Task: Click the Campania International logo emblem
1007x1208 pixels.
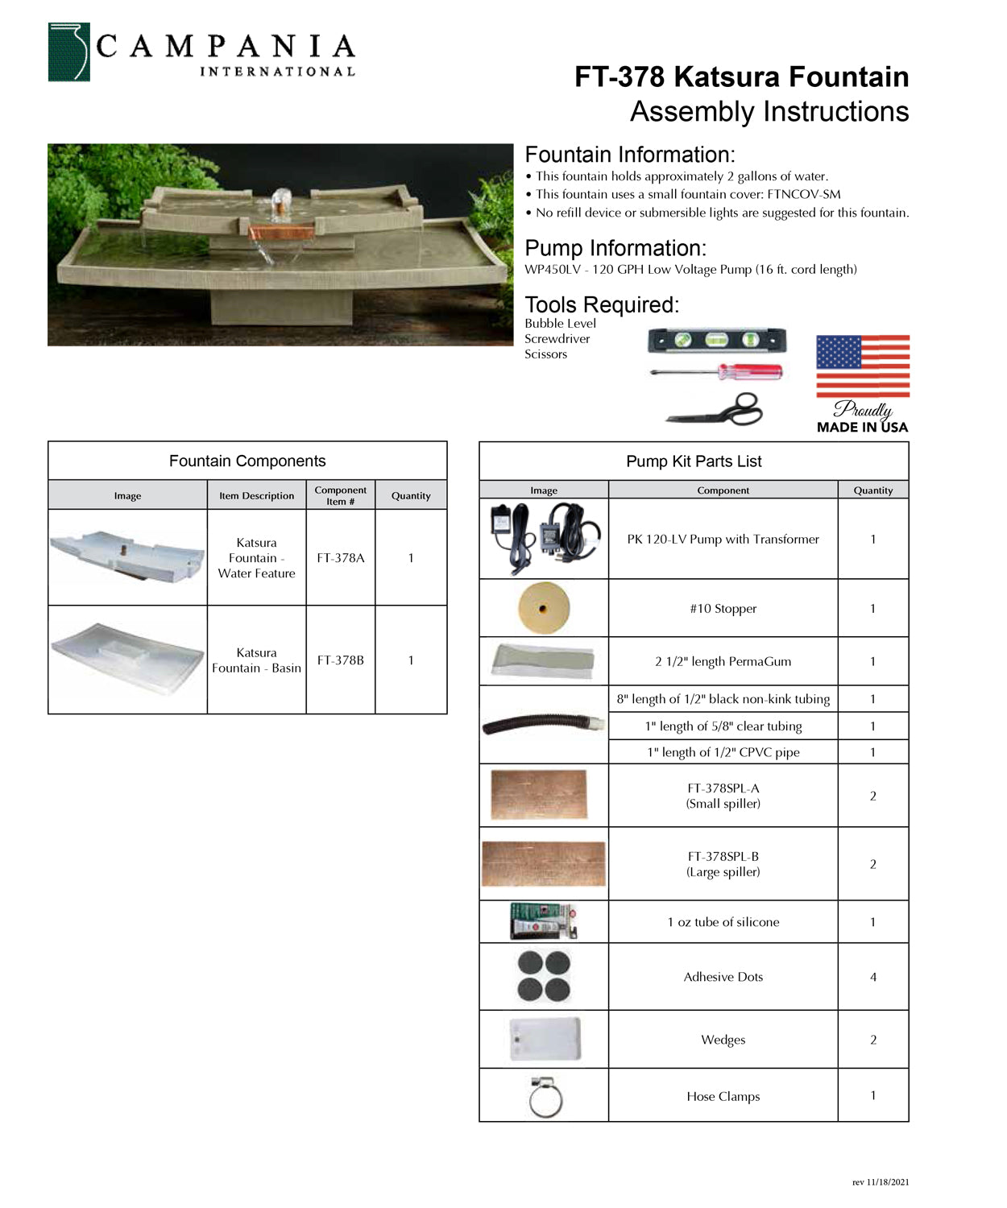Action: pyautogui.click(x=68, y=52)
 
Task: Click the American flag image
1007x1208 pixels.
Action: pyautogui.click(x=863, y=366)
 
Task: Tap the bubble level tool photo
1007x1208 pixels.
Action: pyautogui.click(x=717, y=341)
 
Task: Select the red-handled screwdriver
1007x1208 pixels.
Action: pyautogui.click(x=716, y=371)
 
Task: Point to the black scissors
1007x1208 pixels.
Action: pyautogui.click(x=716, y=409)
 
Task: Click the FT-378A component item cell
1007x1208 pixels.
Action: pyautogui.click(x=341, y=557)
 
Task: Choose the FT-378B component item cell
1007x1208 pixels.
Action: pyautogui.click(x=341, y=660)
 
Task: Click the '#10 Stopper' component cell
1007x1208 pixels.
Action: pyautogui.click(x=723, y=609)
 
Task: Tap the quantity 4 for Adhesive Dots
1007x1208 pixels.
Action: pyautogui.click(x=873, y=977)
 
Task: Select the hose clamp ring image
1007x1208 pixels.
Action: pyautogui.click(x=545, y=1097)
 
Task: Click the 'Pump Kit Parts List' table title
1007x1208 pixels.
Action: pyautogui.click(x=694, y=461)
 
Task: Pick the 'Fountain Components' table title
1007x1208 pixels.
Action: pyautogui.click(x=247, y=461)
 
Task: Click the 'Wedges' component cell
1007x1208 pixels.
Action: pyautogui.click(x=723, y=1040)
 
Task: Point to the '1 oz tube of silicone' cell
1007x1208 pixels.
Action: pyautogui.click(x=723, y=922)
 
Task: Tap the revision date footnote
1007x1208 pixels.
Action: pyautogui.click(x=881, y=1182)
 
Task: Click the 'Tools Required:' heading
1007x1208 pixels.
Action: pyautogui.click(x=602, y=305)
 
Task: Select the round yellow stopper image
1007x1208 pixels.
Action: pyautogui.click(x=544, y=608)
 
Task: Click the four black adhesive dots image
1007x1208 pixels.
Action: pyautogui.click(x=544, y=977)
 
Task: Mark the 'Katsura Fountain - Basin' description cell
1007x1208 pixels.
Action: pyautogui.click(x=256, y=660)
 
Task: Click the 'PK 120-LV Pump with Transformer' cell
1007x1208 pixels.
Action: pyautogui.click(x=723, y=540)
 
